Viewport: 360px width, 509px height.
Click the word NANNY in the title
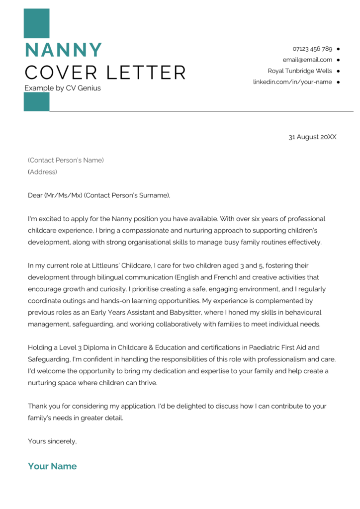(63, 50)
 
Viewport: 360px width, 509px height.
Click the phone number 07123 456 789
(312, 49)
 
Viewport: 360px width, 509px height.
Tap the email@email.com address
(307, 60)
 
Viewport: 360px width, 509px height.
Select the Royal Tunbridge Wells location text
(299, 71)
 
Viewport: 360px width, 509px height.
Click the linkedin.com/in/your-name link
(292, 82)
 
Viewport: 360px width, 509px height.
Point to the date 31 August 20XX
(312, 137)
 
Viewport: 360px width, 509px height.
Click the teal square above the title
(36, 23)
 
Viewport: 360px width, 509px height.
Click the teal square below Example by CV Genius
(36, 102)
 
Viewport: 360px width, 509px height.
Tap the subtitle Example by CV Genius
(63, 88)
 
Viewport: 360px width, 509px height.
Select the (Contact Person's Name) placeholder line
(66, 160)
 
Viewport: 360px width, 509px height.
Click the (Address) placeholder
(42, 172)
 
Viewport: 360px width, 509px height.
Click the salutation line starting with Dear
(99, 195)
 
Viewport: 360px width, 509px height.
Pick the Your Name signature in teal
(52, 466)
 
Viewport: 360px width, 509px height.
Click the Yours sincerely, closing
(52, 441)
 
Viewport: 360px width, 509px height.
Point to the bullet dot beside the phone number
(338, 49)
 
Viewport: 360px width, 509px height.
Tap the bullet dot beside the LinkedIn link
(338, 82)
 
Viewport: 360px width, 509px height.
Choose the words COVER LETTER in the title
(105, 73)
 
